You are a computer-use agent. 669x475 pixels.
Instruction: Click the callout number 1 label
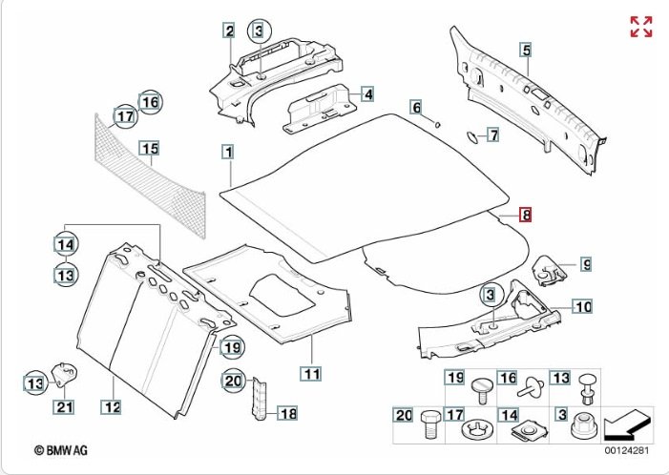pos(228,151)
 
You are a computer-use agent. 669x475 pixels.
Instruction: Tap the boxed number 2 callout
pos(229,31)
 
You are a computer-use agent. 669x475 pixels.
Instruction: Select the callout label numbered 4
pos(366,94)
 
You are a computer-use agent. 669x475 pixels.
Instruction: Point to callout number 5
pos(524,50)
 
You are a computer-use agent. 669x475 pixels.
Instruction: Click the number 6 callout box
pos(416,107)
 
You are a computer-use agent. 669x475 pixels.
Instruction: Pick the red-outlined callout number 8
pos(525,215)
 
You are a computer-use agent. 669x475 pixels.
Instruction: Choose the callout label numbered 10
pos(582,307)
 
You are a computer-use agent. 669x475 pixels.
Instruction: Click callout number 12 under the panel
pos(112,407)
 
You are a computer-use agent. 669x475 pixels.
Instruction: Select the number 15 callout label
pos(148,148)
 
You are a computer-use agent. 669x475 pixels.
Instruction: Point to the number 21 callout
pos(64,407)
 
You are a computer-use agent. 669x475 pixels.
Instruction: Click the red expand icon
pos(640,26)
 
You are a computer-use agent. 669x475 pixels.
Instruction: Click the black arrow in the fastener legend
pos(629,421)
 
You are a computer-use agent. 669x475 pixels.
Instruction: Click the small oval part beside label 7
pos(471,136)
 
